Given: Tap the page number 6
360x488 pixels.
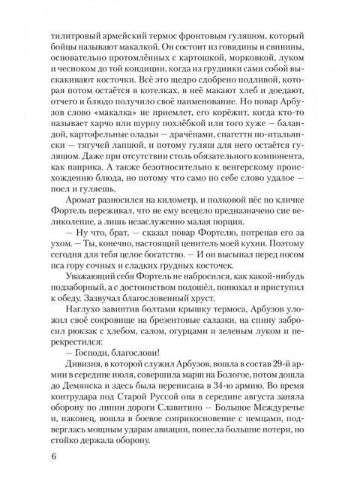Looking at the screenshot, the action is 52,456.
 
